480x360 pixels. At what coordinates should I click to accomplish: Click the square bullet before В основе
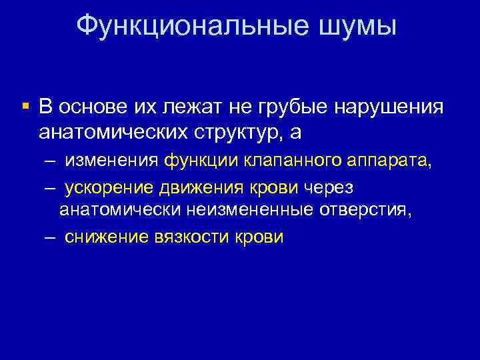(25, 105)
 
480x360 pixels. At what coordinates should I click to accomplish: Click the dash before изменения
(51, 161)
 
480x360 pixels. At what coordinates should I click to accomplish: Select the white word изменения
(111, 161)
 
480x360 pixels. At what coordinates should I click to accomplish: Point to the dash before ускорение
(51, 188)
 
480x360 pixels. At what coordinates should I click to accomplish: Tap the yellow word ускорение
(113, 188)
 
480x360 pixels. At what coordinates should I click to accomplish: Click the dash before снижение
(51, 237)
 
